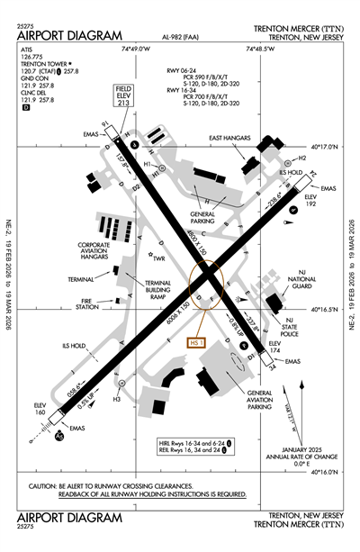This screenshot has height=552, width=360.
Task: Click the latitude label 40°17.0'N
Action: click(327, 145)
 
